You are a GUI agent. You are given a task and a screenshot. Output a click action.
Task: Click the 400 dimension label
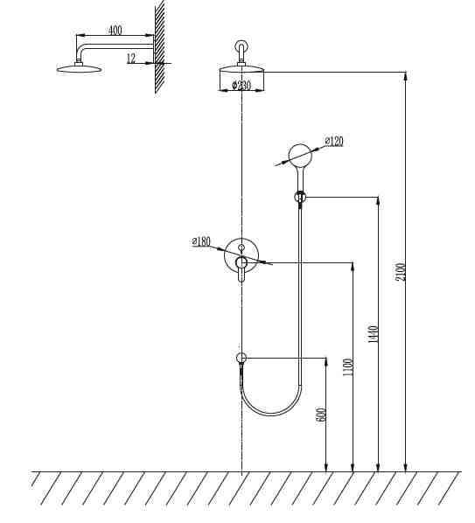click(x=115, y=31)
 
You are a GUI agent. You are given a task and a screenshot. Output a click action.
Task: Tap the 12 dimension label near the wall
click(x=131, y=59)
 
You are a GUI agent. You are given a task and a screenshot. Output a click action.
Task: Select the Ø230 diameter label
click(x=241, y=86)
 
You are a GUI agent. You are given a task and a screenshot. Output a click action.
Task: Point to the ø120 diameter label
click(x=334, y=141)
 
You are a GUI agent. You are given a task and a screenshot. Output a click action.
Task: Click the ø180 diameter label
click(x=201, y=241)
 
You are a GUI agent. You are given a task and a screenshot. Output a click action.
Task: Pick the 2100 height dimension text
click(x=401, y=272)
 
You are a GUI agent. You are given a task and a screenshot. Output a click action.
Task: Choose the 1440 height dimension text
click(x=373, y=334)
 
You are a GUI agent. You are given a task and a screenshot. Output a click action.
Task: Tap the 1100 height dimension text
click(x=347, y=367)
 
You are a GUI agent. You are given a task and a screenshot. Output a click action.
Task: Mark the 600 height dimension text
click(x=321, y=415)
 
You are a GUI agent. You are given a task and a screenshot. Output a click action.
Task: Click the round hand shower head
click(x=300, y=156)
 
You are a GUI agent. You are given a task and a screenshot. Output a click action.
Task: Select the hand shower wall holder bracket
click(x=300, y=197)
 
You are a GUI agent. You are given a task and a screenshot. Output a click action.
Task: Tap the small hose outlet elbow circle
click(x=241, y=358)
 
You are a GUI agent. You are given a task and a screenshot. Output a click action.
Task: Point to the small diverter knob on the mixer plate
click(x=241, y=248)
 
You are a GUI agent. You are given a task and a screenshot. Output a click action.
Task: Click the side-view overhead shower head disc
click(x=79, y=69)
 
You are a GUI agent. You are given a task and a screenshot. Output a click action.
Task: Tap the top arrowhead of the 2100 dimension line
click(x=405, y=76)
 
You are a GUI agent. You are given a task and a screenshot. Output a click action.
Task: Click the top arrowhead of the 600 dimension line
click(x=326, y=362)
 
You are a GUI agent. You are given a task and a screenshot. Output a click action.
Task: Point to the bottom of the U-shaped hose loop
click(x=271, y=415)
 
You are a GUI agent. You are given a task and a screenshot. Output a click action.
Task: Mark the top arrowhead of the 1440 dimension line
click(x=378, y=201)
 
